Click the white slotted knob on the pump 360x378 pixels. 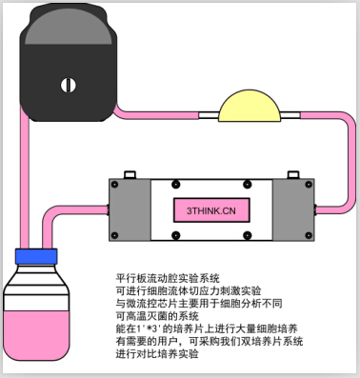pos(67,84)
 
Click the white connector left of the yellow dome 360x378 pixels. pos(210,115)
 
